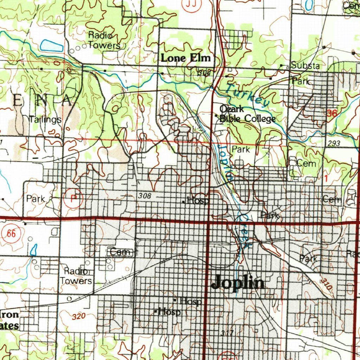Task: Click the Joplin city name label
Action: [x=238, y=282]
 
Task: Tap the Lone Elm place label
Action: [x=186, y=58]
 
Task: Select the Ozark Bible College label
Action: [x=247, y=114]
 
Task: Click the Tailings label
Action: [x=45, y=120]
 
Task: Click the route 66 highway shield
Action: [x=11, y=234]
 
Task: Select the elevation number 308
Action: [x=144, y=196]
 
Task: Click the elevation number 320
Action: [x=78, y=316]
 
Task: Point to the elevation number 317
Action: [x=227, y=333]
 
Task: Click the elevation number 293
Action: [x=333, y=143]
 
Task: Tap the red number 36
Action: [x=331, y=113]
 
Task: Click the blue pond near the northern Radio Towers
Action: [x=52, y=45]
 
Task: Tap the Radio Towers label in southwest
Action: [x=76, y=276]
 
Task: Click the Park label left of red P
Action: [x=36, y=199]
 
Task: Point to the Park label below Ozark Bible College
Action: [x=241, y=149]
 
